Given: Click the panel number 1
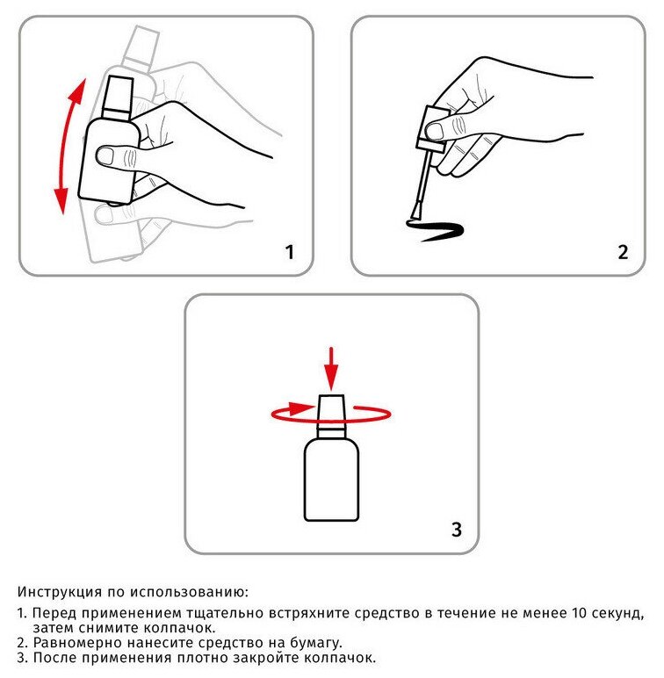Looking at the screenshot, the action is click(290, 252).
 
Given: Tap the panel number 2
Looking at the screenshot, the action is click(623, 252).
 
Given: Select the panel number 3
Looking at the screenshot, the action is click(457, 530).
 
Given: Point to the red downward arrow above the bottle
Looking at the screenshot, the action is click(331, 369).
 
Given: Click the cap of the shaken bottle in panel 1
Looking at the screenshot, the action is click(118, 97).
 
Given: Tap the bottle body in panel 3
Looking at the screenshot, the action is click(332, 480).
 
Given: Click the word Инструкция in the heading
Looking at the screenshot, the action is click(60, 592).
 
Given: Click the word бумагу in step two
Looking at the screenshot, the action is click(314, 643).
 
